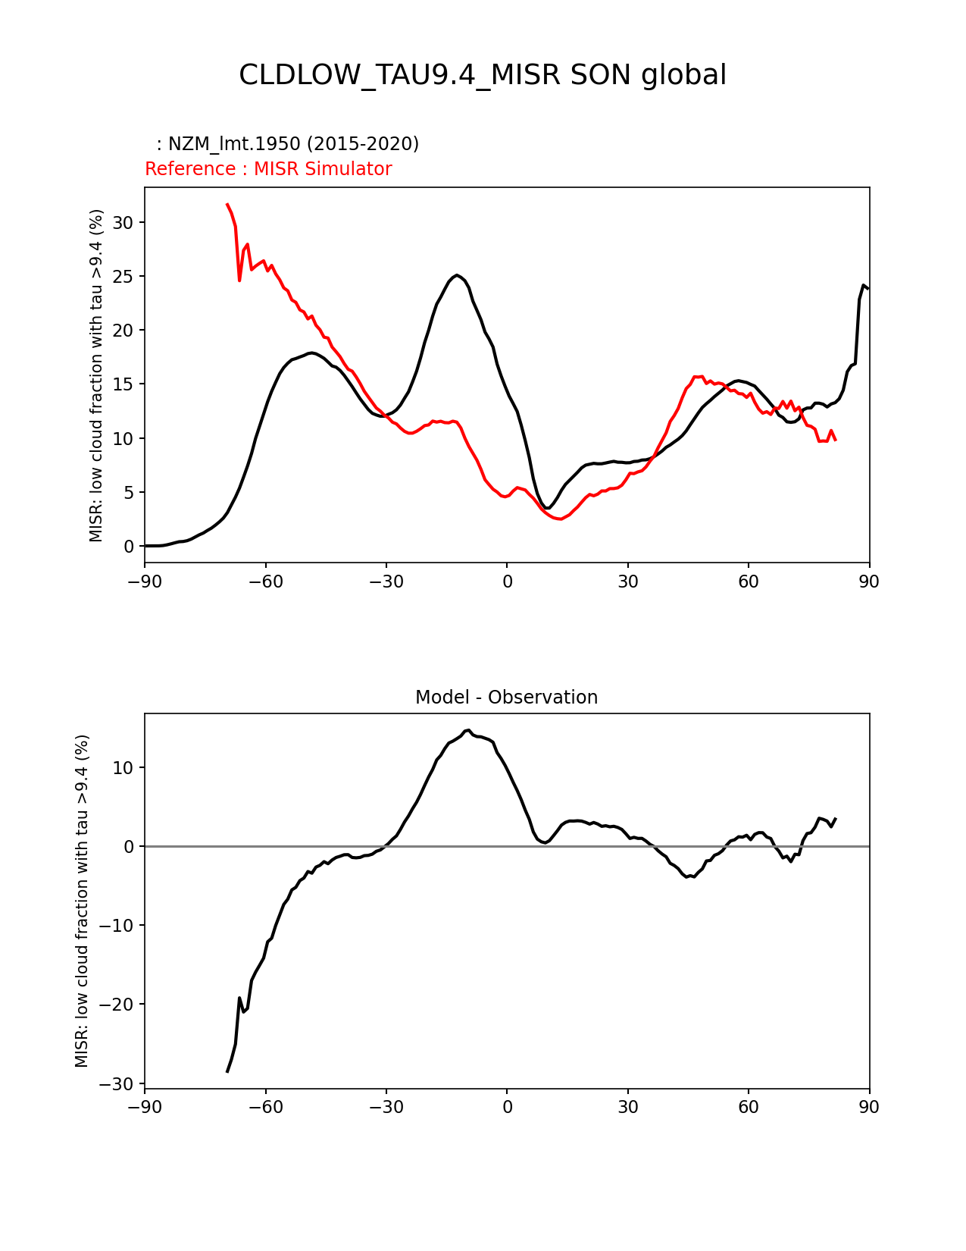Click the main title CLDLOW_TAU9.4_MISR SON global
tap(483, 75)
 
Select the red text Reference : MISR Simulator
tap(268, 169)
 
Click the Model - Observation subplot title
tap(506, 698)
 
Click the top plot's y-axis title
tap(96, 375)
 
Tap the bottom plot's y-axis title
tap(82, 901)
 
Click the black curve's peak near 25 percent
tap(456, 275)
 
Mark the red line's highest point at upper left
tap(227, 204)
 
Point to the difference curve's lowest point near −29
tap(227, 1071)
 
